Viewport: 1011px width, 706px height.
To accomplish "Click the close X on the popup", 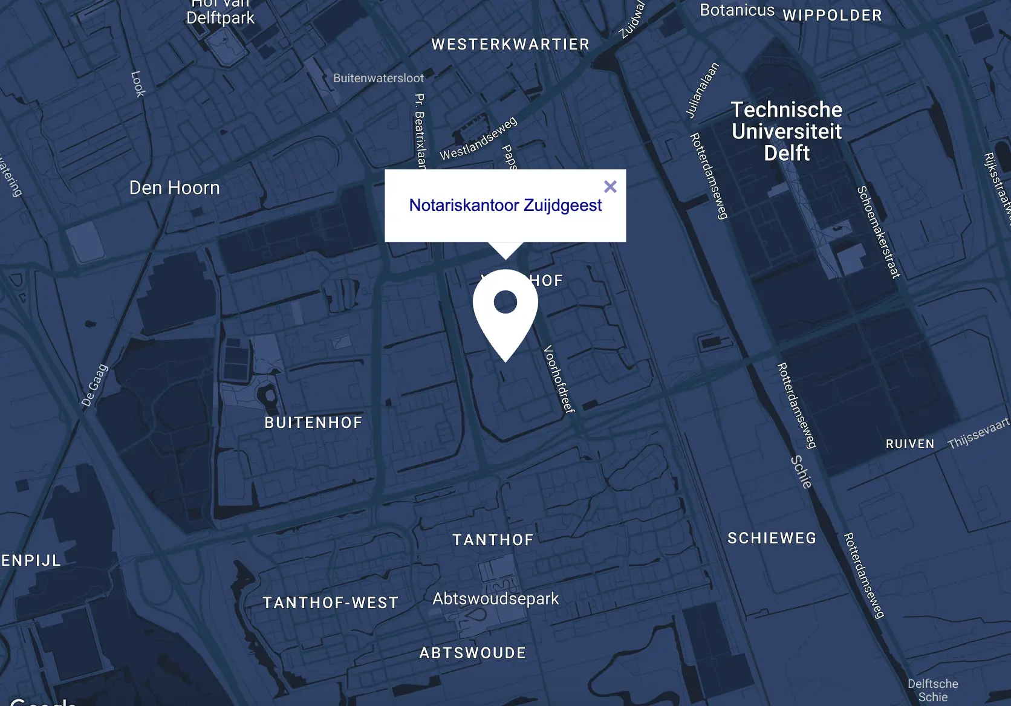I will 610,187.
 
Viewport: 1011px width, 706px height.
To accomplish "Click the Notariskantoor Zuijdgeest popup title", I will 505,206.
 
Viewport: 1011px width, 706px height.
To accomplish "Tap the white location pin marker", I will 505,308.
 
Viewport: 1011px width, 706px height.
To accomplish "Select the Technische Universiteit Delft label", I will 786,131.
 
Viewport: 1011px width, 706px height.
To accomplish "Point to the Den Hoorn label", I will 174,188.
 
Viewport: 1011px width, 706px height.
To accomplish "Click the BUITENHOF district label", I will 313,423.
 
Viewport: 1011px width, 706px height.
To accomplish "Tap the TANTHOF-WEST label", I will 330,603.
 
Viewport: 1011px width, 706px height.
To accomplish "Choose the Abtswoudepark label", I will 495,598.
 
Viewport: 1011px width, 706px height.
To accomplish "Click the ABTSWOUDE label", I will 472,653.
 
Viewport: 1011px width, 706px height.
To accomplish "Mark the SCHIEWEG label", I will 772,538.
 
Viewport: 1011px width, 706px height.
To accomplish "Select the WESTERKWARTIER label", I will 510,44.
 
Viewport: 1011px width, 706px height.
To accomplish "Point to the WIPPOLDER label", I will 832,15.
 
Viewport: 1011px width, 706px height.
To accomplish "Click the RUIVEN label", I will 909,444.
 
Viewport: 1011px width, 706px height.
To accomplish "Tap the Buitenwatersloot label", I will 379,78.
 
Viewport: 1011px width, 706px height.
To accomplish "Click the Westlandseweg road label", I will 478,138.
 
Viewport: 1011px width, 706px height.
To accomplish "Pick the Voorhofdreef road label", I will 559,378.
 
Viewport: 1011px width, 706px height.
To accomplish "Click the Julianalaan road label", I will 702,89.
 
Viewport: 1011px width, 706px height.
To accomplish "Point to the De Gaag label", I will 95,385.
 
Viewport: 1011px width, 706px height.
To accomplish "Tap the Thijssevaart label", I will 978,433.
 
